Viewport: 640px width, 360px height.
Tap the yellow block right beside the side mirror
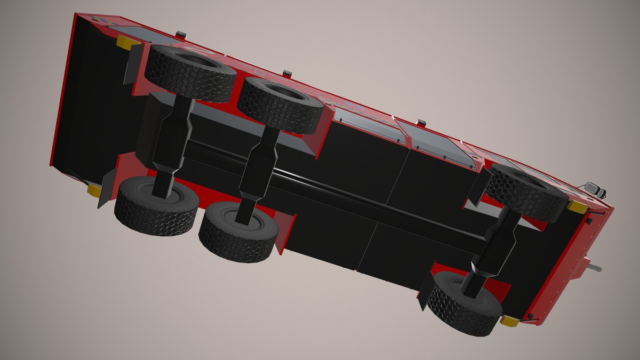pyautogui.click(x=577, y=206)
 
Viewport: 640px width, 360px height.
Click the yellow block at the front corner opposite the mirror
pyautogui.click(x=510, y=321)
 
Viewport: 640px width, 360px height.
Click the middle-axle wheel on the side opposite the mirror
pyautogui.click(x=238, y=230)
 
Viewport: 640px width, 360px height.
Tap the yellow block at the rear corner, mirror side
pyautogui.click(x=127, y=43)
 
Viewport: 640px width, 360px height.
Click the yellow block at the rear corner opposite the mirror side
pyautogui.click(x=95, y=190)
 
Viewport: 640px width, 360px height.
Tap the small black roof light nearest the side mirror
pyautogui.click(x=421, y=123)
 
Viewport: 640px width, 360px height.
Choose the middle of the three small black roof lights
pyautogui.click(x=287, y=73)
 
